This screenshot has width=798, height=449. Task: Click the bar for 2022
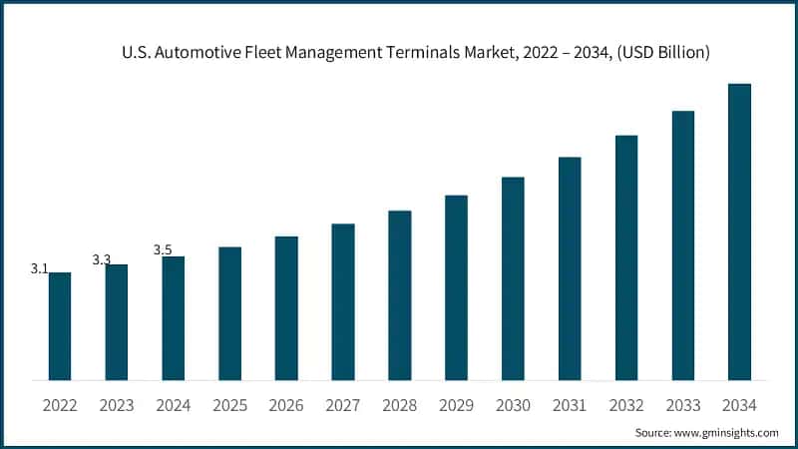[60, 326]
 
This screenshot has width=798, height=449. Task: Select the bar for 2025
[229, 313]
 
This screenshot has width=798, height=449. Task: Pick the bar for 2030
[513, 278]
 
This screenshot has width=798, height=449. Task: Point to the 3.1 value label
[40, 269]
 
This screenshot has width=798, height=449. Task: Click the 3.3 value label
[102, 259]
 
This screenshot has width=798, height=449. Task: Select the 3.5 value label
[163, 249]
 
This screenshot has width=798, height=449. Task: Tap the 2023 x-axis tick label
[117, 406]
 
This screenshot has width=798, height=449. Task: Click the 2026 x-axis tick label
[286, 406]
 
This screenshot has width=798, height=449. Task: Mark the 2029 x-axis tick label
[456, 406]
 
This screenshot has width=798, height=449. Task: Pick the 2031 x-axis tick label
[570, 406]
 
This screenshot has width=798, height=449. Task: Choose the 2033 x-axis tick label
[682, 406]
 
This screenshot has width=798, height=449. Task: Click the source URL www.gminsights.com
[724, 433]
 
